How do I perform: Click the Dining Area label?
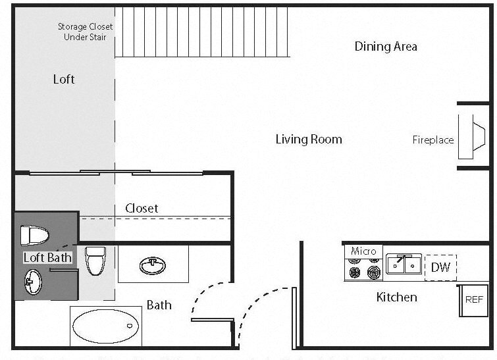tap(386, 47)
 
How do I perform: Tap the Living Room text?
tap(309, 139)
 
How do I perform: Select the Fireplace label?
tap(432, 140)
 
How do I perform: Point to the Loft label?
tap(64, 80)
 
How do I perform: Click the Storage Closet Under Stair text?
tap(85, 32)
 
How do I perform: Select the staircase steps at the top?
tap(202, 32)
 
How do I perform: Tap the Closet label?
tap(142, 209)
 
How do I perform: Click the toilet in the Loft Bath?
tap(35, 235)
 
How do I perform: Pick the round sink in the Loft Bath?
tap(32, 284)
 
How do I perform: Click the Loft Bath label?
tap(47, 257)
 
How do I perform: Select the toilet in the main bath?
tap(96, 261)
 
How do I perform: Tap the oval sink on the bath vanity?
tap(153, 265)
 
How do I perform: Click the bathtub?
tap(105, 326)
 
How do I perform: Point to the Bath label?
tap(159, 305)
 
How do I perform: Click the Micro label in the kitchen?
tap(363, 251)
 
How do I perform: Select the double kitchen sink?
tap(404, 265)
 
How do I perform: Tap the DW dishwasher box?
tap(440, 267)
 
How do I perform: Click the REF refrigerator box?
tap(474, 299)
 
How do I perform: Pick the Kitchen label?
tap(396, 297)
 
